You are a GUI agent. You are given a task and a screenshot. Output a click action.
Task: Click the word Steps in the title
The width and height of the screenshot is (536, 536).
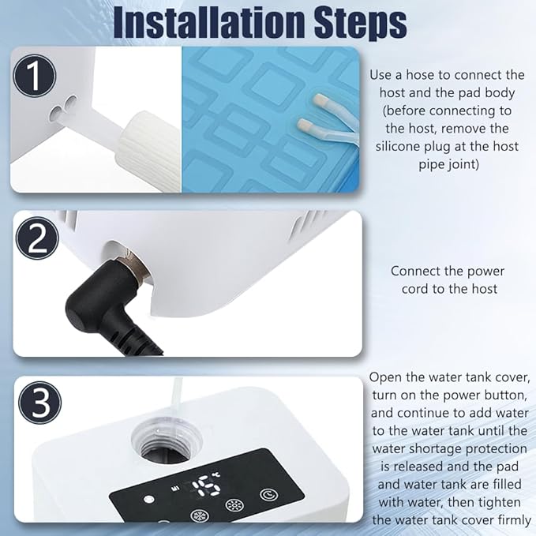pos(361,24)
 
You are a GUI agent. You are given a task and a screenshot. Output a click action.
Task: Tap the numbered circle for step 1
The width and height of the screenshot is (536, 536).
pos(34,76)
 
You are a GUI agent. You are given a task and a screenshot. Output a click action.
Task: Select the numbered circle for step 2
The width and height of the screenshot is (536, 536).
pos(38,238)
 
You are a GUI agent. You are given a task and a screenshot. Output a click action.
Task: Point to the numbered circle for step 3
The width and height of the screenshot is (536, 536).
pos(40,403)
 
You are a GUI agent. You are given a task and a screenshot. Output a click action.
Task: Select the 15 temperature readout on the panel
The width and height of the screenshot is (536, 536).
pos(205,485)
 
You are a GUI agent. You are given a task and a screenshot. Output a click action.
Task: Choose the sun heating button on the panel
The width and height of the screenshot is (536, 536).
pos(234,505)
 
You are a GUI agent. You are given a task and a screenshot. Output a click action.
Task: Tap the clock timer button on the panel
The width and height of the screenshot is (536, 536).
pos(269,494)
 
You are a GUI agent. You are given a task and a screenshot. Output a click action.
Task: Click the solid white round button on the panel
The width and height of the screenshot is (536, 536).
pos(149,500)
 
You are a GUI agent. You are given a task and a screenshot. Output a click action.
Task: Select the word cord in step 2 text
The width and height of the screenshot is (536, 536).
pos(415,289)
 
